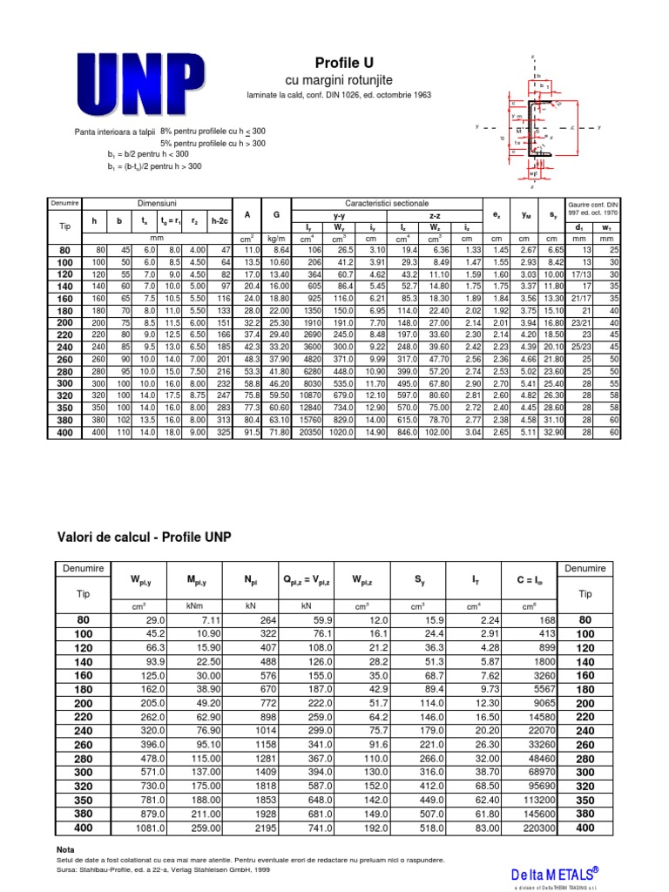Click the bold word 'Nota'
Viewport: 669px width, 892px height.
coord(66,848)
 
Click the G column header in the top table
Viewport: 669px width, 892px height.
coord(276,214)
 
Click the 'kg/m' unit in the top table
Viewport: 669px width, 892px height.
coord(276,238)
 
